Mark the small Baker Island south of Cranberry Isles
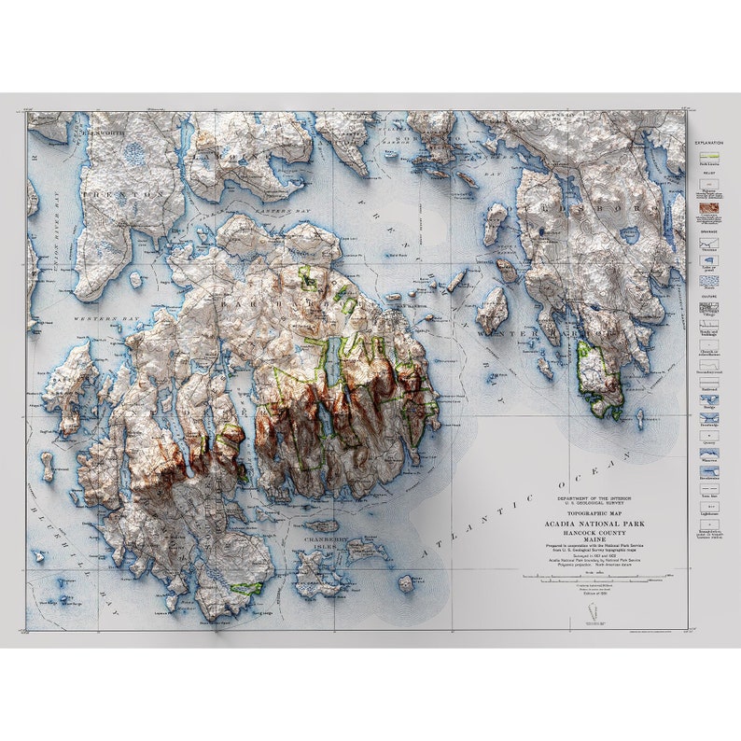(406, 583)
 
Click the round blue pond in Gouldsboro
(631, 234)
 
